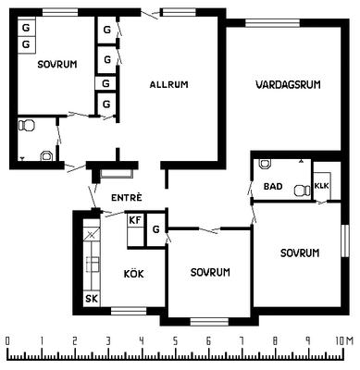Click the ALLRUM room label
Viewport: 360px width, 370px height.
[x=168, y=84]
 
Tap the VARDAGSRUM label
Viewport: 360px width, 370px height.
[x=288, y=84]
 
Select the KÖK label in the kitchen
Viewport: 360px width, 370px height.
[x=133, y=274]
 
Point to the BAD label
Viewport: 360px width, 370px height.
[x=273, y=186]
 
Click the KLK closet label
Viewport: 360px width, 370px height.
[x=322, y=186]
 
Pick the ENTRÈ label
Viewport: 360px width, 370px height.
[x=127, y=197]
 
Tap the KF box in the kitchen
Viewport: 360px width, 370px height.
[x=135, y=220]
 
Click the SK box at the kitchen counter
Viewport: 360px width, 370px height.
[x=92, y=299]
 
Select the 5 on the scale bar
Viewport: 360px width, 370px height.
[x=175, y=341]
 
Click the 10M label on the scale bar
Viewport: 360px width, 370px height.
[x=344, y=341]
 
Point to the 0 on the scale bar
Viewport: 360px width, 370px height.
[x=7, y=341]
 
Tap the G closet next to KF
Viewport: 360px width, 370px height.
[x=156, y=229]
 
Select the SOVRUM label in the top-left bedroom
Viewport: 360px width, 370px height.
[x=57, y=65]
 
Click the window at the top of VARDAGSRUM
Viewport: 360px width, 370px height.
[x=273, y=23]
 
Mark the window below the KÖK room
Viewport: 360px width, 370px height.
[x=129, y=311]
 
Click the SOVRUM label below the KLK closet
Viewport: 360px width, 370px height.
[x=300, y=253]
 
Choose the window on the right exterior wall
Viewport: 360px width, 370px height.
[x=345, y=240]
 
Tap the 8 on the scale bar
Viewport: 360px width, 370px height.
[x=275, y=341]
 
